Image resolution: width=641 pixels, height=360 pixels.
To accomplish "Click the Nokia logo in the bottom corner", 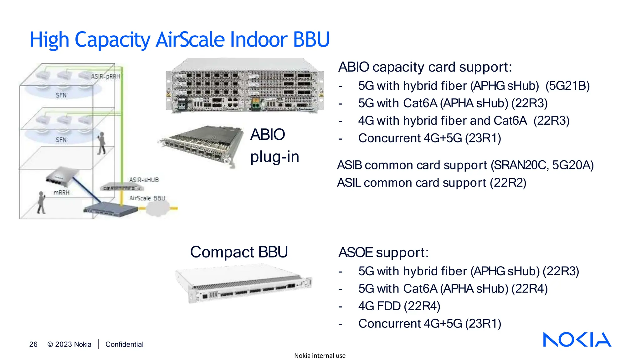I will pos(577,339).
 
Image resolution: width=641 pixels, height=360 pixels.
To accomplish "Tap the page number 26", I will pos(33,344).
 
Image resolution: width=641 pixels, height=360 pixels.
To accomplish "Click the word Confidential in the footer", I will pos(124,344).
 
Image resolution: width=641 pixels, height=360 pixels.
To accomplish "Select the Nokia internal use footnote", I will pos(320,356).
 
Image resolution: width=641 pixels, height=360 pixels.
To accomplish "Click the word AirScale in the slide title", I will pos(190,40).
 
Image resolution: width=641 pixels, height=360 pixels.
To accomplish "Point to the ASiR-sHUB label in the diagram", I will pos(144,180).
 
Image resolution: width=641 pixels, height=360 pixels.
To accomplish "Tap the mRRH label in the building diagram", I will pos(61,192).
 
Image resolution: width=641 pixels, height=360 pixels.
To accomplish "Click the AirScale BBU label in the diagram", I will pos(147,198).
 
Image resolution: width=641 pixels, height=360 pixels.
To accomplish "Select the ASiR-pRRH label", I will pos(105,77).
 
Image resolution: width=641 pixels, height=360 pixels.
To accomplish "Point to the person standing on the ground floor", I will pos(41,203).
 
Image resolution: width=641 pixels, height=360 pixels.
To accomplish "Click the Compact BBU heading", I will pos(239,252).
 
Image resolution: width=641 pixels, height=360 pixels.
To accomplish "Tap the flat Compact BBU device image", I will pos(244,284).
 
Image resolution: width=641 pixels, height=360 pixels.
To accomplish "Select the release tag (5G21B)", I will pos(567,86).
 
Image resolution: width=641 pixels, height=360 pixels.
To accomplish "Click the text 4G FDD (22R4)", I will pos(399,306).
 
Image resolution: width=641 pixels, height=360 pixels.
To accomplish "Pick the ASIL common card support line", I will pos(431,183).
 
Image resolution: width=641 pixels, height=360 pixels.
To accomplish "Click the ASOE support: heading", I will pos(383,252).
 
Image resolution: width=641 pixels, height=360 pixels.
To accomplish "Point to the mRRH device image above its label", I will pos(61,177).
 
